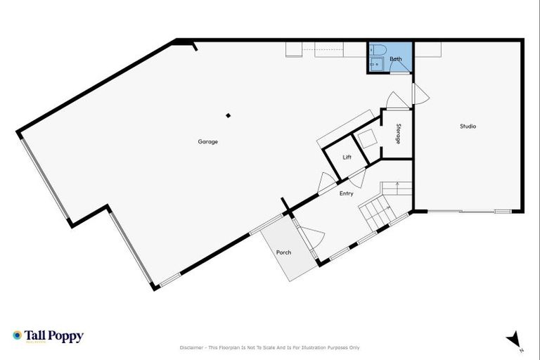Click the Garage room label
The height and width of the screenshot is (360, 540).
207,141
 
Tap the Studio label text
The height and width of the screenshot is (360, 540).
468,127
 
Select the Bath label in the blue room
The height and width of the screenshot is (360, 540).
396,59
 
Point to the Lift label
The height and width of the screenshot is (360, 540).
347,157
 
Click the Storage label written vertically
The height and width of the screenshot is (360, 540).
398,134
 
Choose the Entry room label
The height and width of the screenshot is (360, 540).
346,193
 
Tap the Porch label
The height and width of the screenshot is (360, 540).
283,252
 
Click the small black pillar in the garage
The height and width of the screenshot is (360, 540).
227,115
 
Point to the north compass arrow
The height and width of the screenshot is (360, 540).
514,339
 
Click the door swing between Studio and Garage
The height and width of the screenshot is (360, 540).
418,94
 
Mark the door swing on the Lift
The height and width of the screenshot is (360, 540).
357,178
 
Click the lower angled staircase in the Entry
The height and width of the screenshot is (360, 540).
373,212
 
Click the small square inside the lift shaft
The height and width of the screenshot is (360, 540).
366,139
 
